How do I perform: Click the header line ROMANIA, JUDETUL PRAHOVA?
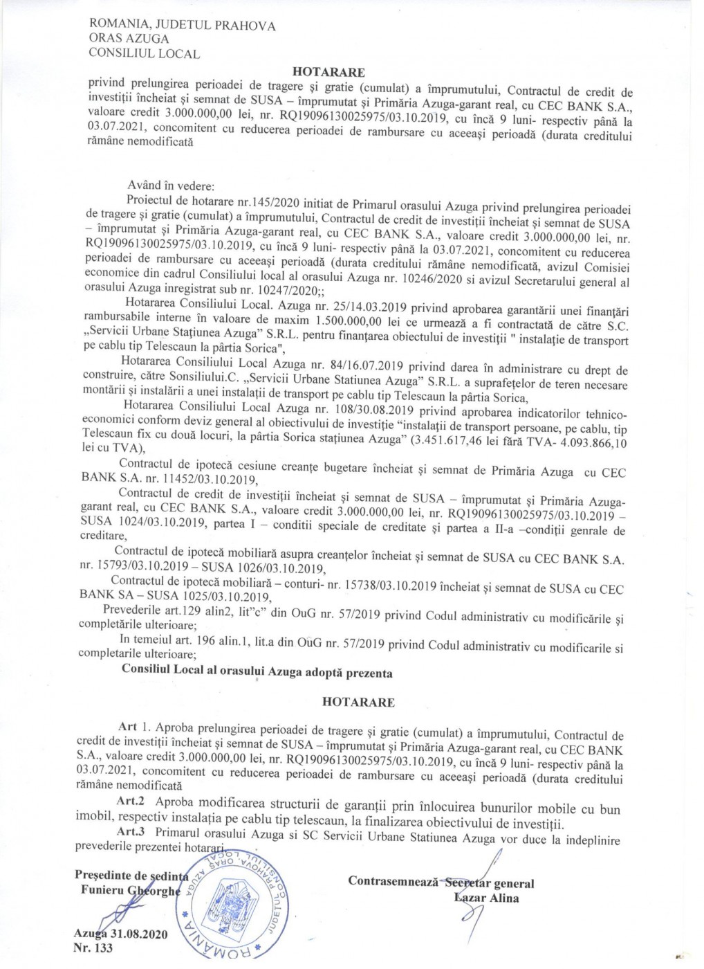pos(183,26)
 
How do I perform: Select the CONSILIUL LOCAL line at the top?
pos(145,53)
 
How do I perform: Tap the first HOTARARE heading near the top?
pos(328,71)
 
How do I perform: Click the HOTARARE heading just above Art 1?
pos(358,702)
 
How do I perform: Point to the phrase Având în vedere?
pos(171,186)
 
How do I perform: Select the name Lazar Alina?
pos(486,898)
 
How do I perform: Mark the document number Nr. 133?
pos(93,949)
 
